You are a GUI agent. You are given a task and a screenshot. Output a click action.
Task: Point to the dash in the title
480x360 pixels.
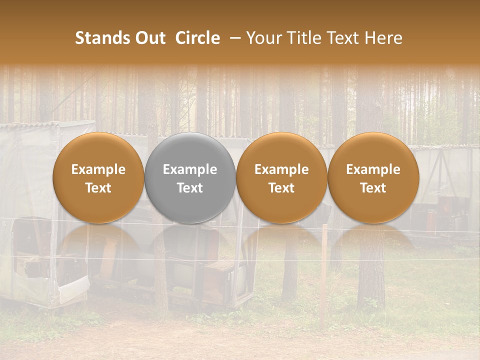(x=233, y=38)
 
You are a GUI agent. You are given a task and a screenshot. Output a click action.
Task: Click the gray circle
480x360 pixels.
(x=190, y=177)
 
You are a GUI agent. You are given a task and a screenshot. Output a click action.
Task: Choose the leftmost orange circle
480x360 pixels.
(x=98, y=177)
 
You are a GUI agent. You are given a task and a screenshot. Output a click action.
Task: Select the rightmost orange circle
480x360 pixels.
(x=373, y=177)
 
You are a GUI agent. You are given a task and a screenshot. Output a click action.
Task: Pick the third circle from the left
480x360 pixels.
(x=281, y=177)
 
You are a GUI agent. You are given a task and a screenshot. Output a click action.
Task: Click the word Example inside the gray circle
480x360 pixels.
(x=190, y=169)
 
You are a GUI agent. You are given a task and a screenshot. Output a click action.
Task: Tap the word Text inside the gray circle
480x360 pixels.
(x=190, y=188)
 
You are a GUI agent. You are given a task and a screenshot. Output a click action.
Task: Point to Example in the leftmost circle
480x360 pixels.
(x=98, y=169)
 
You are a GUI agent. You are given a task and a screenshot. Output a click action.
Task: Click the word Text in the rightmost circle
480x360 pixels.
(x=373, y=188)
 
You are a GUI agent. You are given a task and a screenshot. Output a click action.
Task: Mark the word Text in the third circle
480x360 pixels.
(x=281, y=188)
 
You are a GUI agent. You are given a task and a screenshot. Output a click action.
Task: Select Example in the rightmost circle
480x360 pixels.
(x=373, y=169)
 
